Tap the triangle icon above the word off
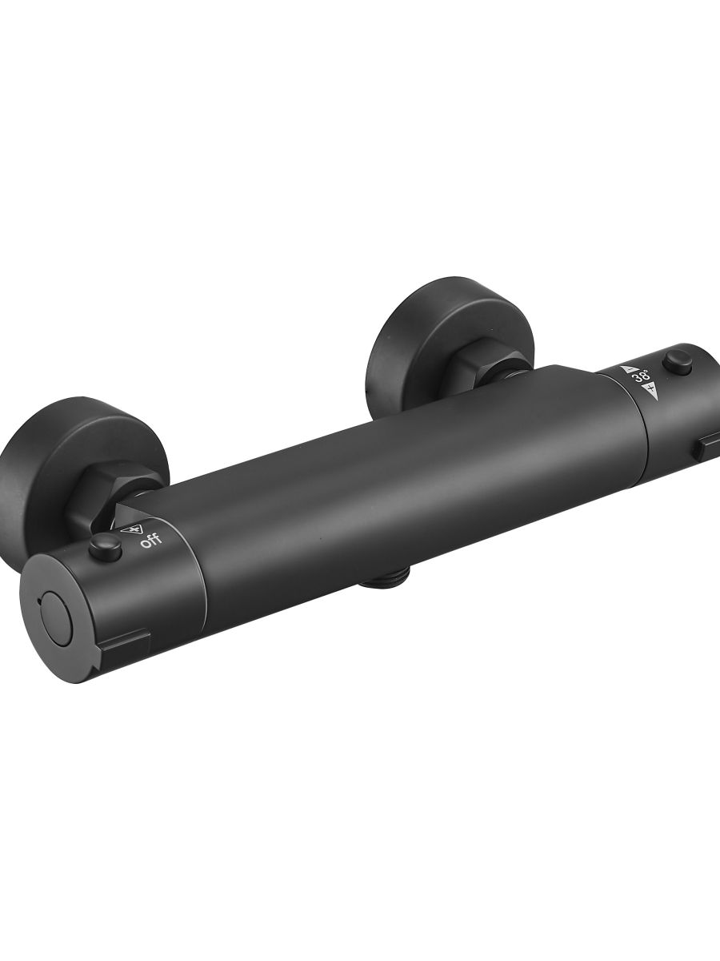click(128, 530)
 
